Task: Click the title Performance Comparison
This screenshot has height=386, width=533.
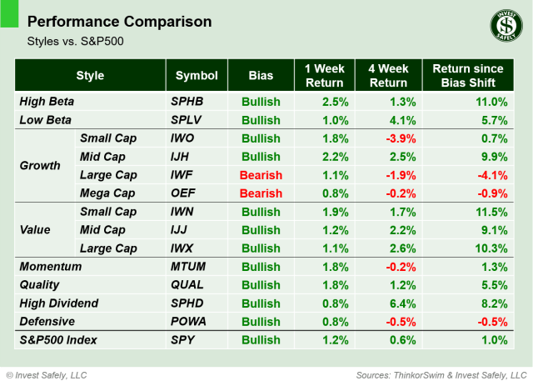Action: (x=119, y=21)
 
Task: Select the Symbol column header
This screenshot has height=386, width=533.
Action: (x=197, y=75)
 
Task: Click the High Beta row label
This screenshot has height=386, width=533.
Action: (x=47, y=101)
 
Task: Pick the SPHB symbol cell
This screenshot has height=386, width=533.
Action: (x=187, y=101)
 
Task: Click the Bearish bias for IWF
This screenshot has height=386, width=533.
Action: (x=262, y=175)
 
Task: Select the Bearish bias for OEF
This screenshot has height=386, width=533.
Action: (x=262, y=193)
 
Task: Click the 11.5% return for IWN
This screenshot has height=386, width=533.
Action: (x=489, y=212)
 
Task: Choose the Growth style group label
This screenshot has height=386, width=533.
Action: (x=40, y=166)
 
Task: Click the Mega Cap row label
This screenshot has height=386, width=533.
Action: (x=107, y=193)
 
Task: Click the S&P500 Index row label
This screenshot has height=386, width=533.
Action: (x=58, y=340)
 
